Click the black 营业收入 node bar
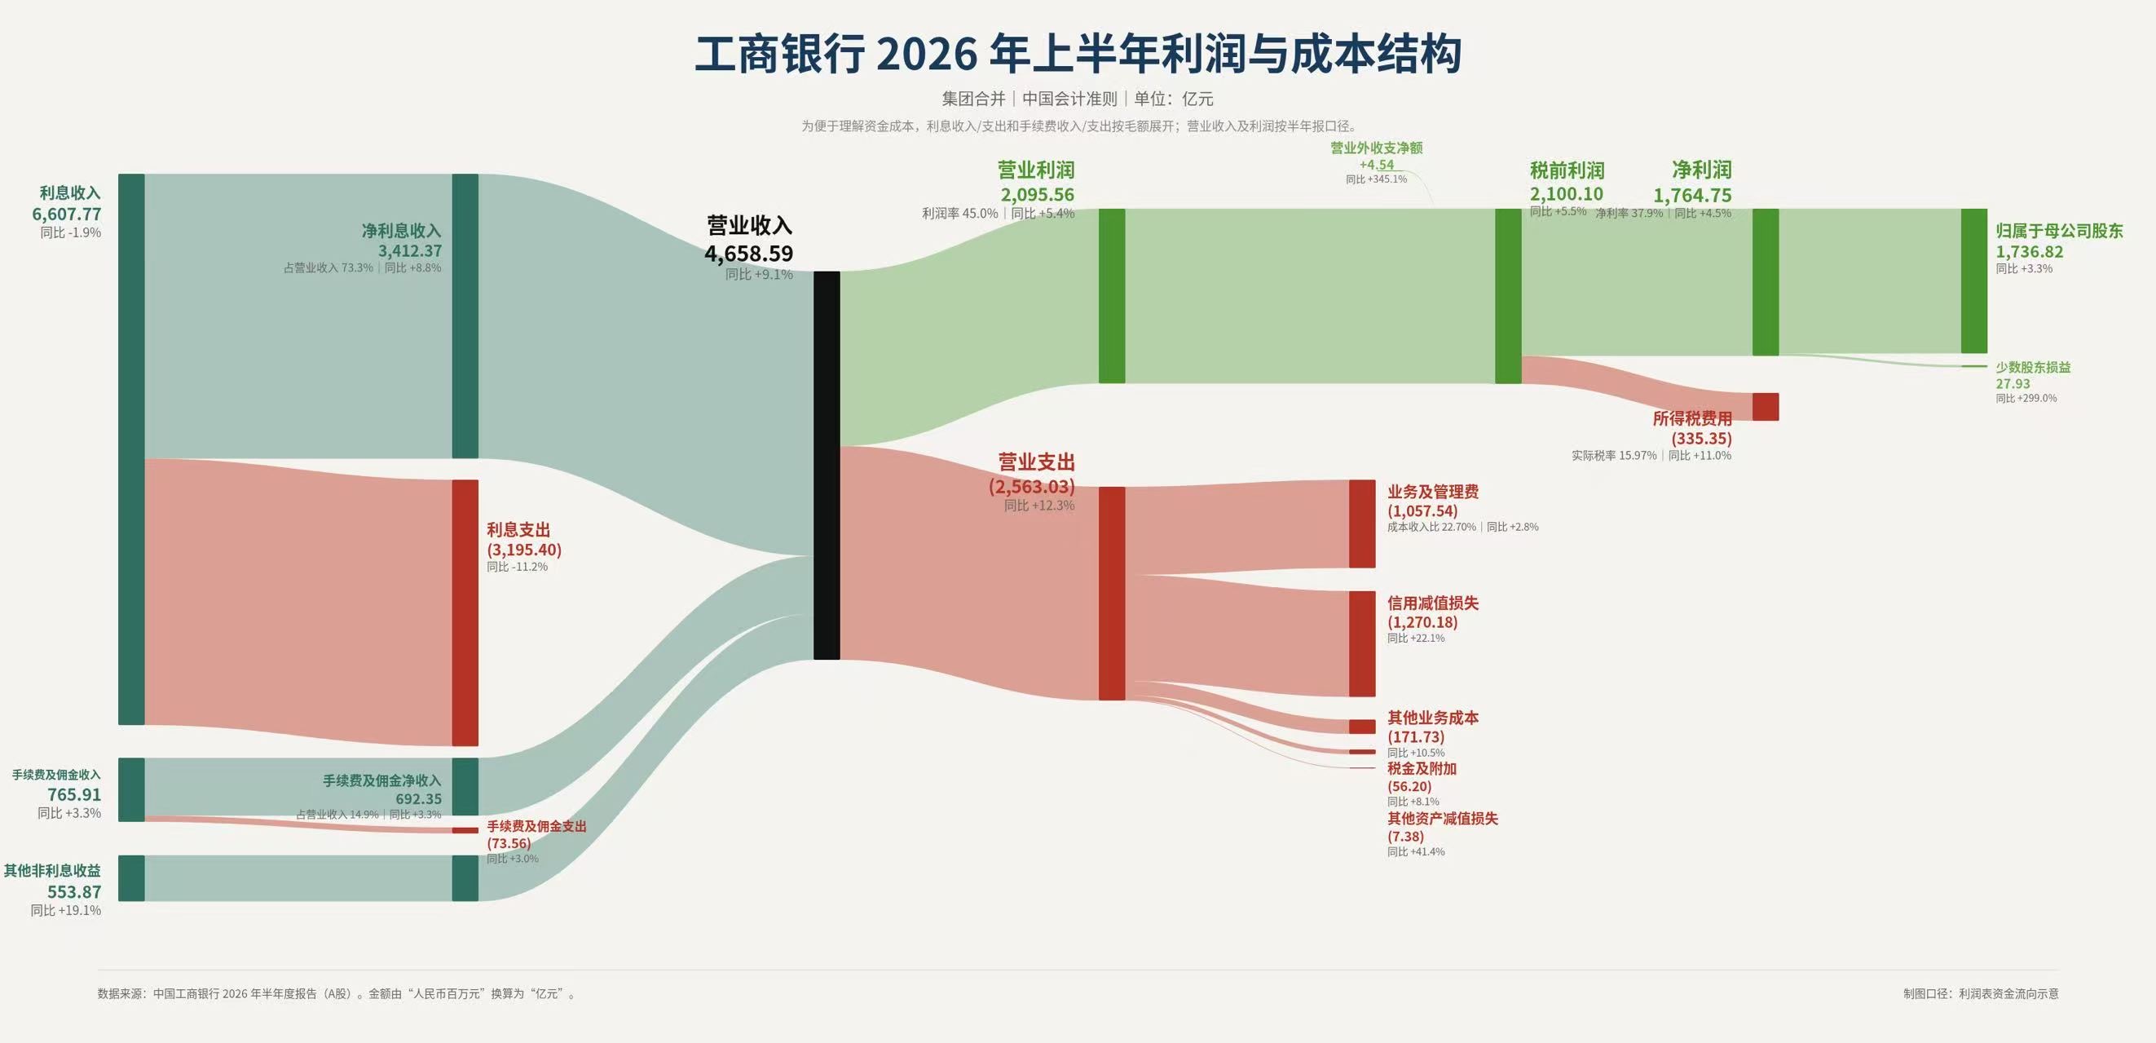[x=826, y=466]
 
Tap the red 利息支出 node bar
[x=465, y=612]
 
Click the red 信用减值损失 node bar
[x=1362, y=643]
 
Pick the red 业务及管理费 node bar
[x=1362, y=524]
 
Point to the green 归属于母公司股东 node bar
[x=1973, y=281]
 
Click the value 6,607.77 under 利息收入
[x=67, y=214]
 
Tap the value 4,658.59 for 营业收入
[x=749, y=254]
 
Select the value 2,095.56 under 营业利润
[x=1037, y=195]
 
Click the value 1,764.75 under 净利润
[x=1692, y=196]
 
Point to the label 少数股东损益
[x=2033, y=368]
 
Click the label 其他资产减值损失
[x=1443, y=819]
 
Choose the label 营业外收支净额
[x=1377, y=148]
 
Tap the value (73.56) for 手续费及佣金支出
[x=509, y=843]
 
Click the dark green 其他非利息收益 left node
[x=131, y=878]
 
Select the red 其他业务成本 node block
[x=1362, y=727]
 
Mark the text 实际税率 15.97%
[x=1614, y=456]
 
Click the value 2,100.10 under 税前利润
[x=1567, y=194]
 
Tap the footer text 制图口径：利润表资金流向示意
[x=1981, y=993]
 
